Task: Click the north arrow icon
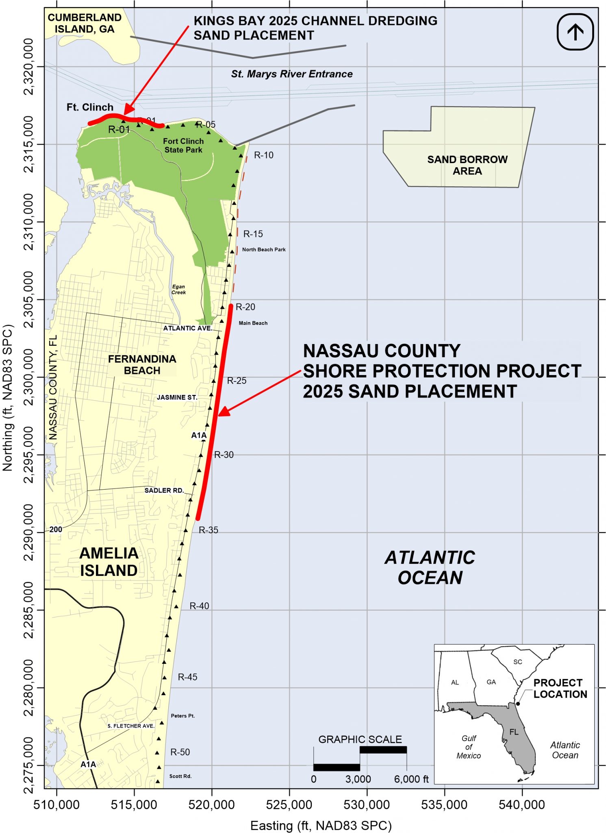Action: [x=575, y=32]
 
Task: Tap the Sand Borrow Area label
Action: [x=467, y=165]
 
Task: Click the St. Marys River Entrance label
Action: [x=291, y=74]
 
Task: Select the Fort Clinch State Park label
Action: [x=183, y=146]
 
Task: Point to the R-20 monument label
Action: [x=245, y=307]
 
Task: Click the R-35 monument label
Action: [x=208, y=530]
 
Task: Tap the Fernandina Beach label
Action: [x=142, y=365]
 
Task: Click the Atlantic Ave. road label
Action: [x=187, y=328]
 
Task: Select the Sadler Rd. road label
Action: [x=164, y=491]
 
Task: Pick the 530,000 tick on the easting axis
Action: [x=367, y=805]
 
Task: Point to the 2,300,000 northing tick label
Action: [x=28, y=377]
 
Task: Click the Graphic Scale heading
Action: [x=360, y=739]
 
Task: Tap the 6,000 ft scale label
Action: [x=411, y=779]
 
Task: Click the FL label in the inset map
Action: [x=514, y=732]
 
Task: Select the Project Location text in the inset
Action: [x=560, y=688]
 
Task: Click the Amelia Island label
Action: [x=109, y=562]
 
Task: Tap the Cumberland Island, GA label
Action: [x=85, y=23]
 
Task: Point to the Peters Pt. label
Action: [x=182, y=716]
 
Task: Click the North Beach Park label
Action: [x=264, y=249]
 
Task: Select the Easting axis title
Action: [x=321, y=825]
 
